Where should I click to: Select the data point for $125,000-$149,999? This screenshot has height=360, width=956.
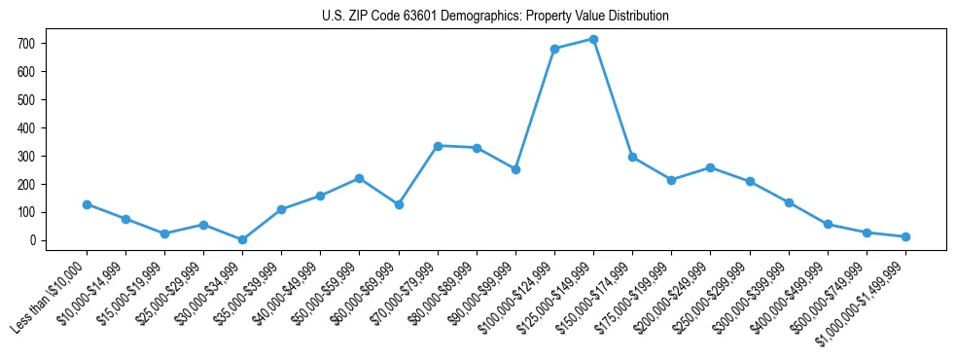pos(593,39)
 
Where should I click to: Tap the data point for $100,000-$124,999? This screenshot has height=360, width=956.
pos(554,49)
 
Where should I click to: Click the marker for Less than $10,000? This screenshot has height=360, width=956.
pos(87,204)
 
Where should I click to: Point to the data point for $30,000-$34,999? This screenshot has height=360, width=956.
pos(242,239)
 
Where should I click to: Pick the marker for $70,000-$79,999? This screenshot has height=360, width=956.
pos(438,146)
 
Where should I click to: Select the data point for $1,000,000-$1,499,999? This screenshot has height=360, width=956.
pos(905,236)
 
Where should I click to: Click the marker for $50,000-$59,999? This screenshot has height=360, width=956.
pos(359,178)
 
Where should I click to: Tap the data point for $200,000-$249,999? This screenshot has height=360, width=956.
pos(710,167)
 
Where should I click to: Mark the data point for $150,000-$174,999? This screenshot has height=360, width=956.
pos(632,157)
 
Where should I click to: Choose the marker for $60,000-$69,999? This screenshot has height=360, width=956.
pos(399,204)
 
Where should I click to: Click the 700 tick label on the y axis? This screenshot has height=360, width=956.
pos(26,44)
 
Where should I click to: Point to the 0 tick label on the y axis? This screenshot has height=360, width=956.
pos(32,240)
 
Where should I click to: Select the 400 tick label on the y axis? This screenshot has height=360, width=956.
pos(26,127)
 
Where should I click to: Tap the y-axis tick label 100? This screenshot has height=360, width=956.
pos(26,212)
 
